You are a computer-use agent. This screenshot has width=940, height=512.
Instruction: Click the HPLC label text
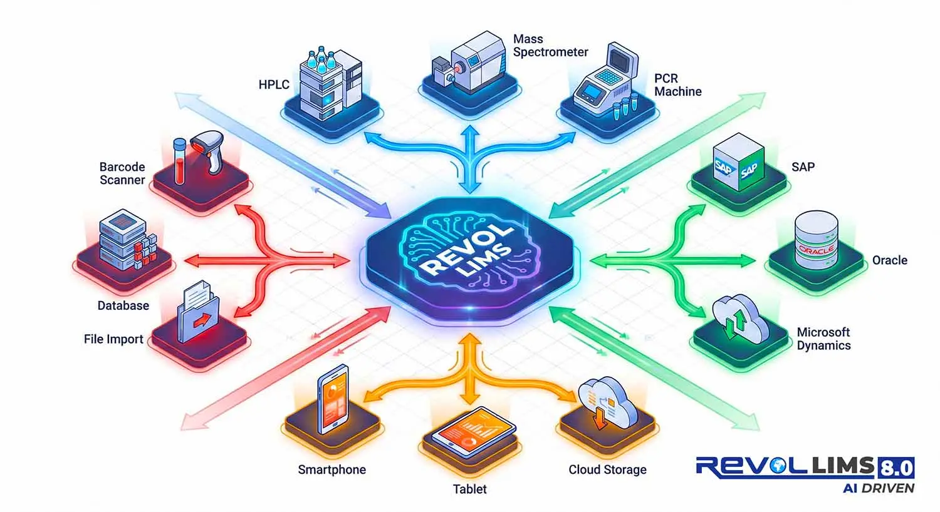click(274, 84)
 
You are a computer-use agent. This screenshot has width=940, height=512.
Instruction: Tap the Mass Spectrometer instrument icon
click(470, 63)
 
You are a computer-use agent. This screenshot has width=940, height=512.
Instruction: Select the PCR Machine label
click(677, 85)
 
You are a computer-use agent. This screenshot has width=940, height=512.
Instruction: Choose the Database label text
click(123, 305)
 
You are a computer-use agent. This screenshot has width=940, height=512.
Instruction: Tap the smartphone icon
click(332, 398)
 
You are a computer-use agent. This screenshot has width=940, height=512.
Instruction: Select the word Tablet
click(469, 489)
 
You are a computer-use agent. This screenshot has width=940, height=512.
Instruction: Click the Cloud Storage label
click(607, 469)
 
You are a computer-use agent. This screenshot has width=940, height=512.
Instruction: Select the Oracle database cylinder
click(815, 240)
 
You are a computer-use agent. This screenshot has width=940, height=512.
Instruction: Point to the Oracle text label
click(889, 260)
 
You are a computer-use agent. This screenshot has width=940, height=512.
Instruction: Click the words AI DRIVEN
click(878, 488)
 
